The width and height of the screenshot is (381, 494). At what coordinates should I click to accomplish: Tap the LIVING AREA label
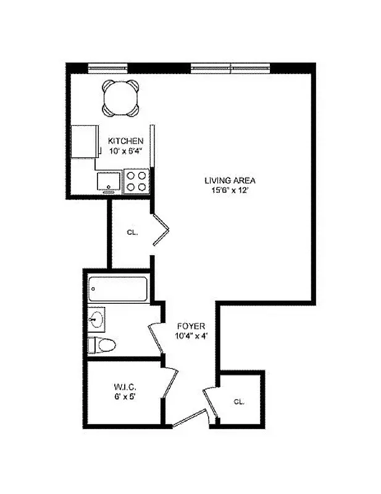point(230,180)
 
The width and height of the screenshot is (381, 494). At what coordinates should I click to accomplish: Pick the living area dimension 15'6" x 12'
point(230,190)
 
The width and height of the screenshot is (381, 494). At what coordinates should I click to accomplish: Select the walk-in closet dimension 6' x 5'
point(124,398)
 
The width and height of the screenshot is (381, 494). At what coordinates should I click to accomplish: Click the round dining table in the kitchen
point(121,98)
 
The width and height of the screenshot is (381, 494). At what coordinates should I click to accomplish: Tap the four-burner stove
point(137,181)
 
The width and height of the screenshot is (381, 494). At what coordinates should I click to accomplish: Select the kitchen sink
point(110,182)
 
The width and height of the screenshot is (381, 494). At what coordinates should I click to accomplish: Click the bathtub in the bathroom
point(118,289)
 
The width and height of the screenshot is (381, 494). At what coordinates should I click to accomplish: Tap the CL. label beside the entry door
point(239,401)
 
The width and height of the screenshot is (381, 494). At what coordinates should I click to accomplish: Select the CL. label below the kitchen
point(132,233)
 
